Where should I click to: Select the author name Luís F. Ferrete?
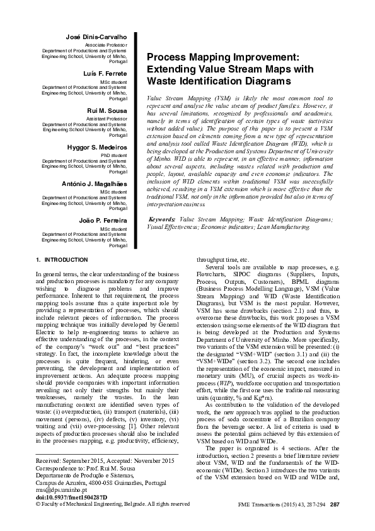pos(105,74)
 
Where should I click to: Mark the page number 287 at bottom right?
pos(335,504)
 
